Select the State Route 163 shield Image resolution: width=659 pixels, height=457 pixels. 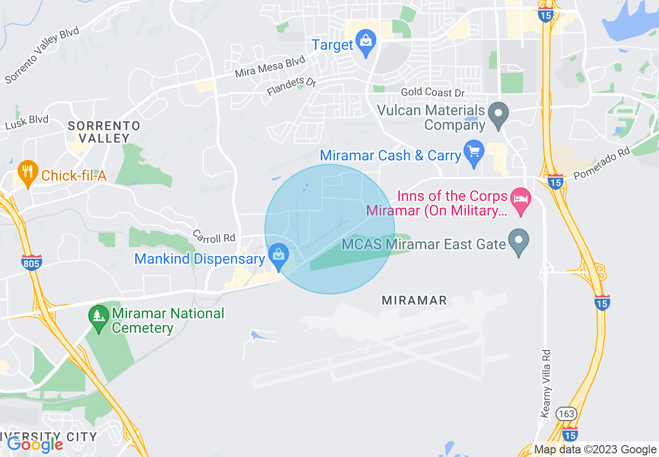pos(565,413)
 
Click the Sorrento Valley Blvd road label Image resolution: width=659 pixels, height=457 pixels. pos(42,55)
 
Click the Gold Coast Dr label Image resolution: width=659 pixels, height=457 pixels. pos(432,92)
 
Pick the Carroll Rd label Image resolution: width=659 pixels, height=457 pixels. pos(214,236)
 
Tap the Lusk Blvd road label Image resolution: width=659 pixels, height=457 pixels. pos(27,123)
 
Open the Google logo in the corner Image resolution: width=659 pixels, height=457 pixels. pos(35,444)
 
